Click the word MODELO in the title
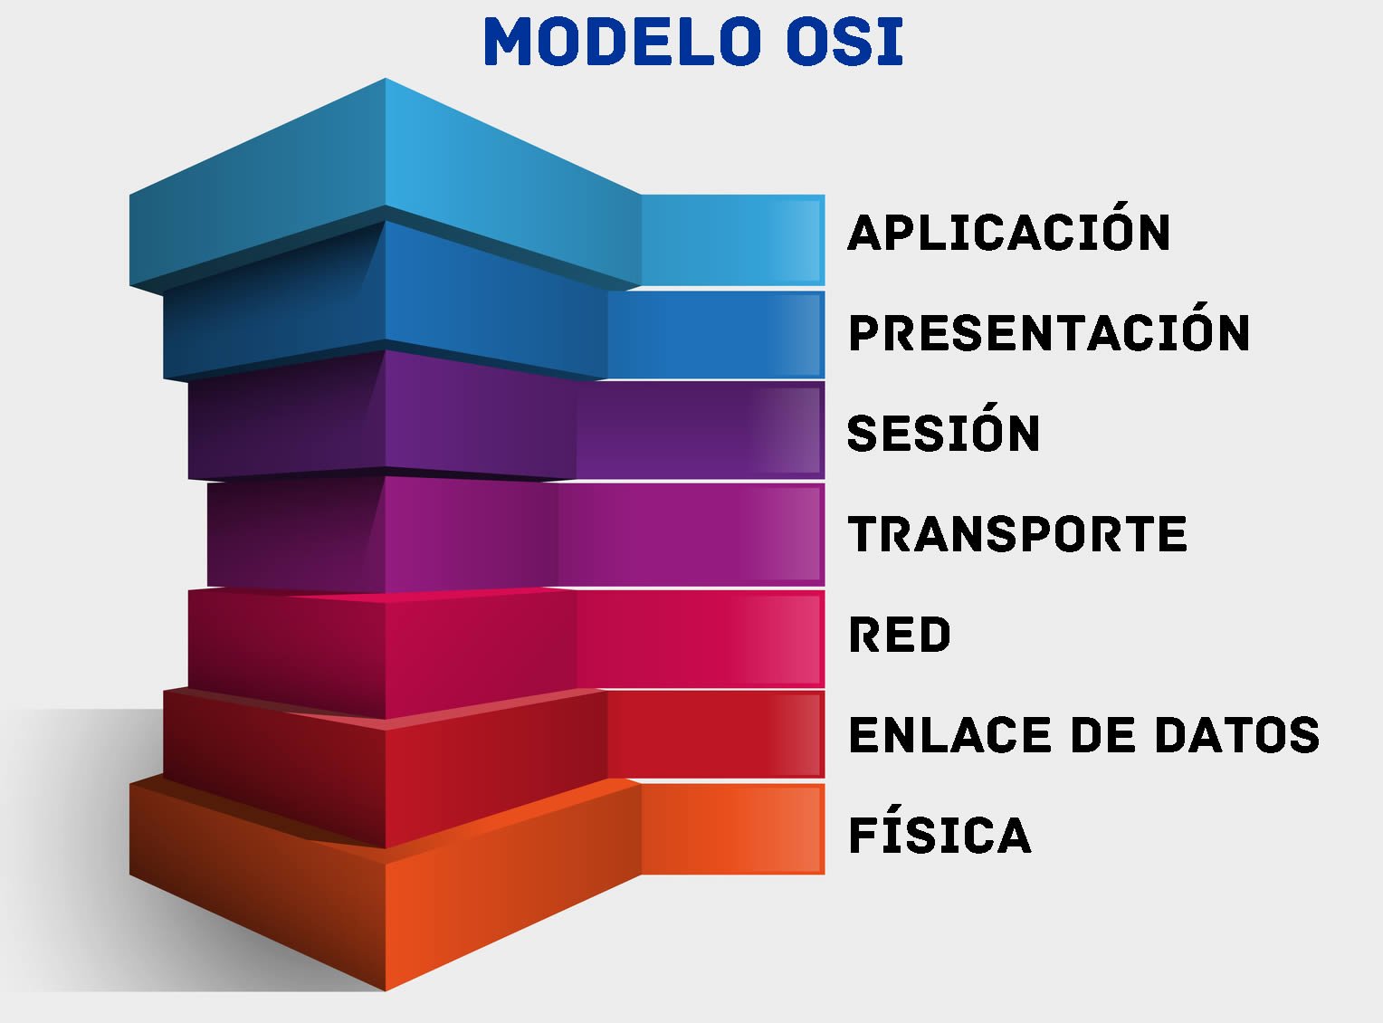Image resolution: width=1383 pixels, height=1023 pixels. click(x=622, y=43)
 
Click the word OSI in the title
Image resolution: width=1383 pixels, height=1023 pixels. click(x=844, y=43)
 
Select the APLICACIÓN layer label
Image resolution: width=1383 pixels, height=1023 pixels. click(x=1008, y=233)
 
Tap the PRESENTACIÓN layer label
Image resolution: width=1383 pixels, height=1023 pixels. click(x=1049, y=333)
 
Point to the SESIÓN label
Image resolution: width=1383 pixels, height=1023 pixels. click(x=943, y=434)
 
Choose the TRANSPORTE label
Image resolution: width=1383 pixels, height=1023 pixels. click(x=1017, y=534)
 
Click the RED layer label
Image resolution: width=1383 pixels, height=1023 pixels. click(x=900, y=635)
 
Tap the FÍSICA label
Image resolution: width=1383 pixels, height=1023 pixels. click(x=939, y=835)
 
